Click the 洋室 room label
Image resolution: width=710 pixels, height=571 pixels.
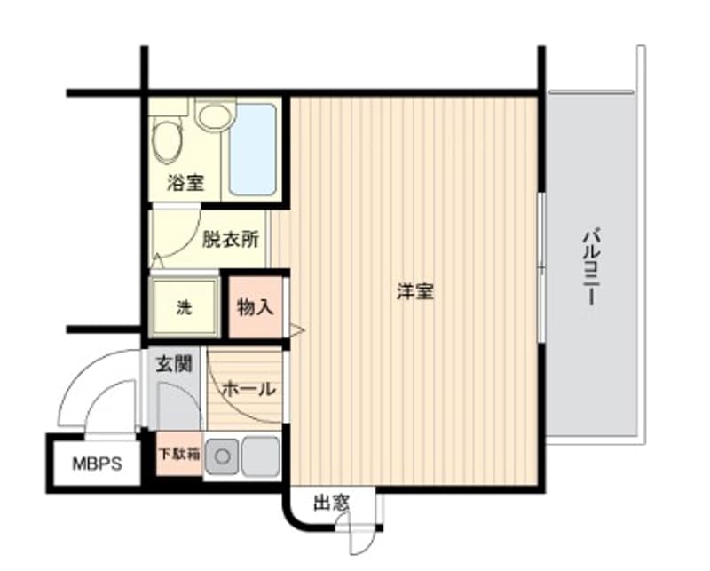coord(414,292)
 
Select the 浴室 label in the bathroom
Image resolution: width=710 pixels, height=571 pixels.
coord(186,184)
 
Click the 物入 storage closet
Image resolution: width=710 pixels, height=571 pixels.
coord(256,307)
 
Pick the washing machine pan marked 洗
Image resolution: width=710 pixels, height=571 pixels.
coord(184,307)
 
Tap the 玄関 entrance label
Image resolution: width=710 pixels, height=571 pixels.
coord(175,364)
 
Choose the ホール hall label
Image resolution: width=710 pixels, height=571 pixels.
coord(248,389)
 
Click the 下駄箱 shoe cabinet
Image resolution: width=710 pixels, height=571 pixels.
coord(178,454)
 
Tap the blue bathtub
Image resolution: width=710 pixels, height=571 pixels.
coord(252,149)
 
